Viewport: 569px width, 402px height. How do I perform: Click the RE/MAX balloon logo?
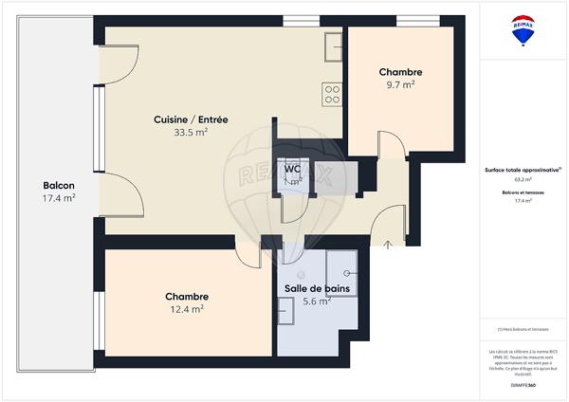click(523, 29)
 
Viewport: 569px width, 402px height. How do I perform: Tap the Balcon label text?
click(59, 185)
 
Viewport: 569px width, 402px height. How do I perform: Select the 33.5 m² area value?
click(191, 133)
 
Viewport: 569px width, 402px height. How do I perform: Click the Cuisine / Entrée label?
click(191, 119)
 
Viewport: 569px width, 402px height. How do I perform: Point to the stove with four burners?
click(332, 93)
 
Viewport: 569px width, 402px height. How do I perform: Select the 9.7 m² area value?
click(400, 85)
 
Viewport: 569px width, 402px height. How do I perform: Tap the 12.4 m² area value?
click(188, 309)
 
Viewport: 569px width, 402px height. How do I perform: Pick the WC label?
click(293, 169)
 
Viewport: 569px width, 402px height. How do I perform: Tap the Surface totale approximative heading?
click(523, 171)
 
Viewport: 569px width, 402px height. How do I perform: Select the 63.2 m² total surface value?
click(523, 179)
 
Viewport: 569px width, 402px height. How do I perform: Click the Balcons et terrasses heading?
click(523, 192)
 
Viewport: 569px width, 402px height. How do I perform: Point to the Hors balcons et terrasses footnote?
click(523, 329)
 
